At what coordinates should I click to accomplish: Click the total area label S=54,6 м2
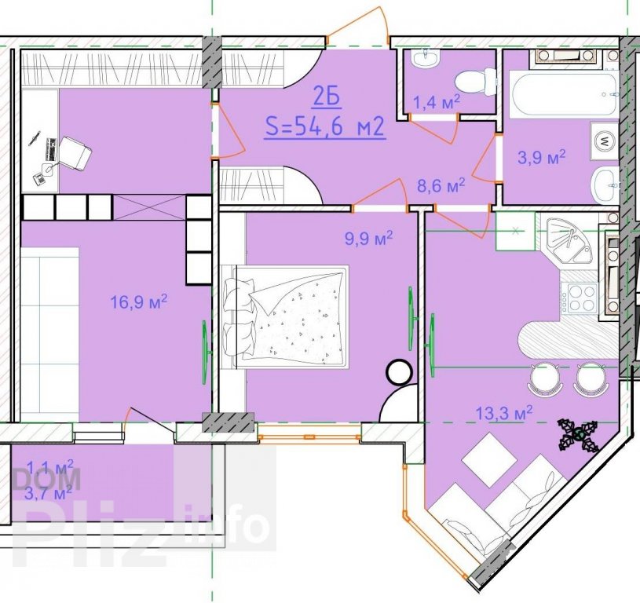(x=325, y=126)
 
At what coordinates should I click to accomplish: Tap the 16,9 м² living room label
(x=139, y=302)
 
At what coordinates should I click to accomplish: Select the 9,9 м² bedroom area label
(x=369, y=238)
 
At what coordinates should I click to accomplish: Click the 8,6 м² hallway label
(x=441, y=186)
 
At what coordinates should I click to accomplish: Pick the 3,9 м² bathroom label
(x=541, y=157)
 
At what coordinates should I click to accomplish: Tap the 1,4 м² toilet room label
(x=437, y=102)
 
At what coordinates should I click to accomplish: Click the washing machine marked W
(x=605, y=141)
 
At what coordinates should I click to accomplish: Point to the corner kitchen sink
(x=569, y=242)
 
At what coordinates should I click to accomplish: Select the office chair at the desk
(x=75, y=153)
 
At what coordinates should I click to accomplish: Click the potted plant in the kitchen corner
(x=580, y=435)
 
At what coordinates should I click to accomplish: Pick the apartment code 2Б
(x=327, y=99)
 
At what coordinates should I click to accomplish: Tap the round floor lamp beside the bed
(x=399, y=371)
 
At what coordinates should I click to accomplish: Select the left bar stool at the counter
(x=544, y=378)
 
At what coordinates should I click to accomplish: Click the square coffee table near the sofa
(x=489, y=459)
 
